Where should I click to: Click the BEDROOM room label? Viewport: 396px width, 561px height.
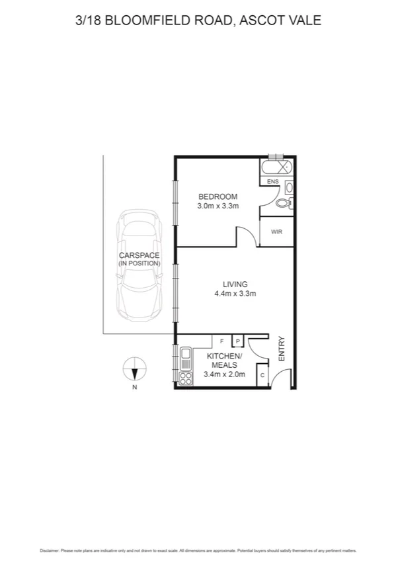(218, 196)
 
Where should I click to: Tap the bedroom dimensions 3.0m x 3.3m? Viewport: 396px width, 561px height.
(218, 206)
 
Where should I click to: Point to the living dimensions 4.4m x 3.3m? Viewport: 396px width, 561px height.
(235, 294)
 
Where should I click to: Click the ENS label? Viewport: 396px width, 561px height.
(272, 181)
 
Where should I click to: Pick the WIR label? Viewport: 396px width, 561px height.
(276, 232)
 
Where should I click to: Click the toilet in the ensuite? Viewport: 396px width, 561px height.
(284, 203)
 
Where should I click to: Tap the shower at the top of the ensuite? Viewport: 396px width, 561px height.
(276, 166)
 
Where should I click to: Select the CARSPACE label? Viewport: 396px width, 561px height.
(139, 255)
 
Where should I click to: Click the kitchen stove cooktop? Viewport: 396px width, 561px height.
(186, 378)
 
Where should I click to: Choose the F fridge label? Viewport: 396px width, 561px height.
(221, 341)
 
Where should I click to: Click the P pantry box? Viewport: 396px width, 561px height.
(238, 341)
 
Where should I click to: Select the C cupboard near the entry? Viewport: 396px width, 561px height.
(262, 376)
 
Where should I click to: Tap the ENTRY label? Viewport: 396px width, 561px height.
(281, 349)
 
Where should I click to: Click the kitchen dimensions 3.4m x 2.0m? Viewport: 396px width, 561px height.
(225, 374)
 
